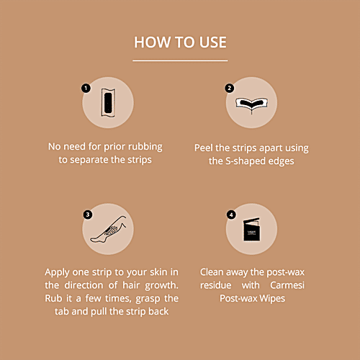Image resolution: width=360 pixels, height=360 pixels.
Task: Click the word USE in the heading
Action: [213, 42]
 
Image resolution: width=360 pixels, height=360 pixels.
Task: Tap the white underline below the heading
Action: [180, 60]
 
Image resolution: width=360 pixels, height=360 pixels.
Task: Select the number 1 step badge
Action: [86, 88]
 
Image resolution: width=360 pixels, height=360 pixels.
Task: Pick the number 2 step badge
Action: [230, 88]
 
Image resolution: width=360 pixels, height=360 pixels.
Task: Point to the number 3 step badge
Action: [88, 215]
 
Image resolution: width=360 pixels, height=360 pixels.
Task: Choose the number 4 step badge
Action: [231, 215]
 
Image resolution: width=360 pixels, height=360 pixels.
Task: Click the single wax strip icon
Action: [108, 103]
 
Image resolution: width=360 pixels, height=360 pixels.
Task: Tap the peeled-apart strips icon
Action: [251, 104]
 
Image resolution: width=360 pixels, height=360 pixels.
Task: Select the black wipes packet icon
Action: [251, 229]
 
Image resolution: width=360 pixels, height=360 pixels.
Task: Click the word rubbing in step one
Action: [145, 147]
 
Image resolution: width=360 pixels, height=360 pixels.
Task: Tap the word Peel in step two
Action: [204, 148]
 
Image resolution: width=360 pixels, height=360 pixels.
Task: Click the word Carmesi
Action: [287, 285]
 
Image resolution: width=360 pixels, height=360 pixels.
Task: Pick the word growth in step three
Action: [161, 286]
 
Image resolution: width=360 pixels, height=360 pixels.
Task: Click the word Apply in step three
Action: [57, 273]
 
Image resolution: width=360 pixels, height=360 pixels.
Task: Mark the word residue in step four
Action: [216, 285]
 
